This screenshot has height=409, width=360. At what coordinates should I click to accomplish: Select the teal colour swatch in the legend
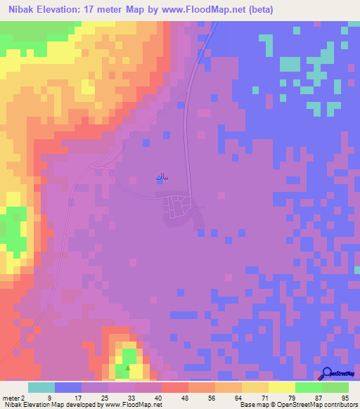pos(41,387)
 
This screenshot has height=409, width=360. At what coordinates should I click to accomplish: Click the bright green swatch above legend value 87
pos(309,387)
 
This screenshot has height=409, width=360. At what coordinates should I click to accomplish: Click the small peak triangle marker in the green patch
pos(127,367)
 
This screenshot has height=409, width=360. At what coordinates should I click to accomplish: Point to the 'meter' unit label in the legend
pos(11,397)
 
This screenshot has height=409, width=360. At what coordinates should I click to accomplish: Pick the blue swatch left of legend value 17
pos(68,387)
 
